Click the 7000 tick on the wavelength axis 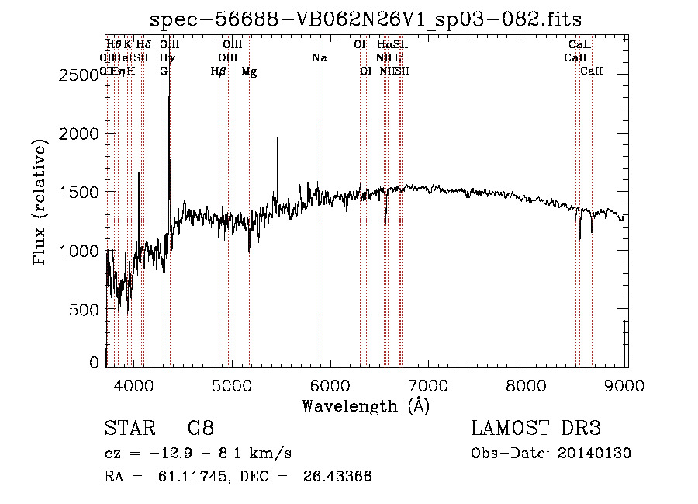point(429,384)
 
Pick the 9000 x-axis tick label point(626,384)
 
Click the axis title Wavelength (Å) point(365,405)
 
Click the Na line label point(320,58)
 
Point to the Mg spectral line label point(249,71)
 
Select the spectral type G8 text point(200,429)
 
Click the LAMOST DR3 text point(536,429)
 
